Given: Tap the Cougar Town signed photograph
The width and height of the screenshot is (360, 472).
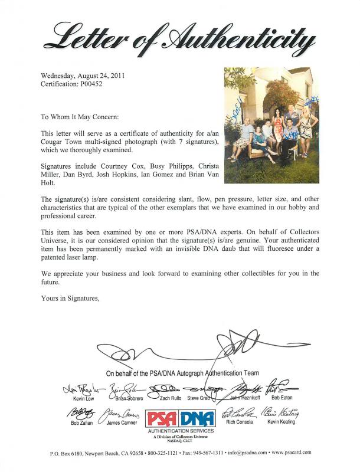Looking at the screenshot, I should pos(271,124).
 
